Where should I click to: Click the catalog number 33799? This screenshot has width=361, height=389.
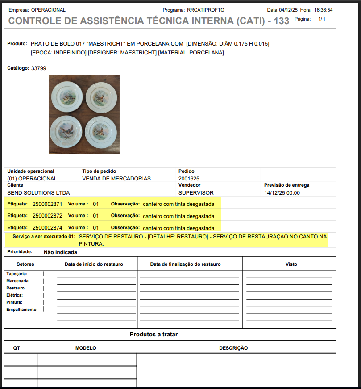(x=38, y=68)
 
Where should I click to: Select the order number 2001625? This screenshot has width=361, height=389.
(x=189, y=179)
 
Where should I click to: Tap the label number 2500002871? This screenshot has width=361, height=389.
(x=47, y=204)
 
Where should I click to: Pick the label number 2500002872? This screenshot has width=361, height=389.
(x=47, y=216)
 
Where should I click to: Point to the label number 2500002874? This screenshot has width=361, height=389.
(x=47, y=227)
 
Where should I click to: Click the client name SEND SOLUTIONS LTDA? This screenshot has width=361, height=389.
(x=38, y=193)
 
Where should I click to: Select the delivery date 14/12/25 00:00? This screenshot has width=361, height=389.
(x=282, y=193)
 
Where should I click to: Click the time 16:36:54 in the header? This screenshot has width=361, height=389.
(x=323, y=10)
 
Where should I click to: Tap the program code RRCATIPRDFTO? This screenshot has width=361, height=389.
(x=205, y=10)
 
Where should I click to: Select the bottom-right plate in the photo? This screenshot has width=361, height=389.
(x=101, y=132)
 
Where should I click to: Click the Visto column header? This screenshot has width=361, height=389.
(x=291, y=264)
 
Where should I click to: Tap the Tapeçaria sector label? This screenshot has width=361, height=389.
(x=17, y=274)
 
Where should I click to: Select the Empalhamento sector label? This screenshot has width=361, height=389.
(x=22, y=309)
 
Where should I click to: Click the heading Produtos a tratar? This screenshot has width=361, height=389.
(x=154, y=334)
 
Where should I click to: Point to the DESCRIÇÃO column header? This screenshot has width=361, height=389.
(x=233, y=348)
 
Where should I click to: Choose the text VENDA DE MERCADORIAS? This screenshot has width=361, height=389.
(x=116, y=179)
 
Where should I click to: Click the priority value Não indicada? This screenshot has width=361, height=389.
(x=60, y=252)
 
